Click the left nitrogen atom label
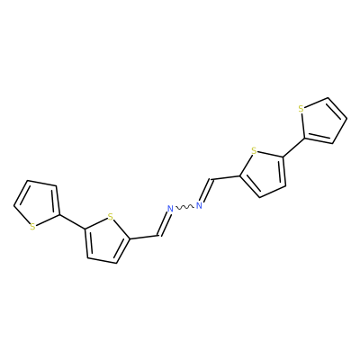coord(170,209)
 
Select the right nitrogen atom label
coord(199,205)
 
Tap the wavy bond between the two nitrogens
coord(184,207)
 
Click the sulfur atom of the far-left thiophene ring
coord(32,227)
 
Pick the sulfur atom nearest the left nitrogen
coord(111,217)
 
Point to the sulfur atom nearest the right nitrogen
coord(254,150)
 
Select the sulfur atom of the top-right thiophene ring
coord(301,109)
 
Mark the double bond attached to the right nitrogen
coord(206,190)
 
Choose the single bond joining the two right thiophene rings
coord(293,148)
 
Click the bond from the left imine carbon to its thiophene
coord(145,237)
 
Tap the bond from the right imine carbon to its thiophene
coord(226,177)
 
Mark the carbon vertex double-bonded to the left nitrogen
coord(158,236)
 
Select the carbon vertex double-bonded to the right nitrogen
coord(212,179)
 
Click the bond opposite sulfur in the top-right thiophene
coord(337,108)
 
